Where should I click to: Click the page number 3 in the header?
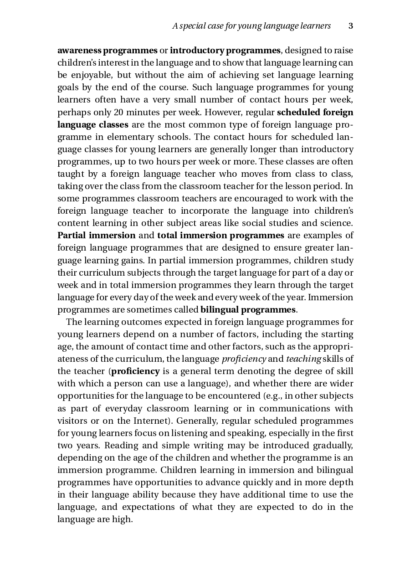point(351,26)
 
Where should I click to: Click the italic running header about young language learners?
point(251,26)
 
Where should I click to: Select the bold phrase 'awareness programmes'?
point(108,51)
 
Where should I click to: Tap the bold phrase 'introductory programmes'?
point(225,51)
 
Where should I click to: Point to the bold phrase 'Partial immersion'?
point(97,236)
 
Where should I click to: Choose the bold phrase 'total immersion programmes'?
point(220,236)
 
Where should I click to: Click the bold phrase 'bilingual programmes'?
point(248,310)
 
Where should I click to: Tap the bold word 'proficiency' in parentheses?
point(135,371)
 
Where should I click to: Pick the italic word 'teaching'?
point(303,359)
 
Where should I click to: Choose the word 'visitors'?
point(71,421)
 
